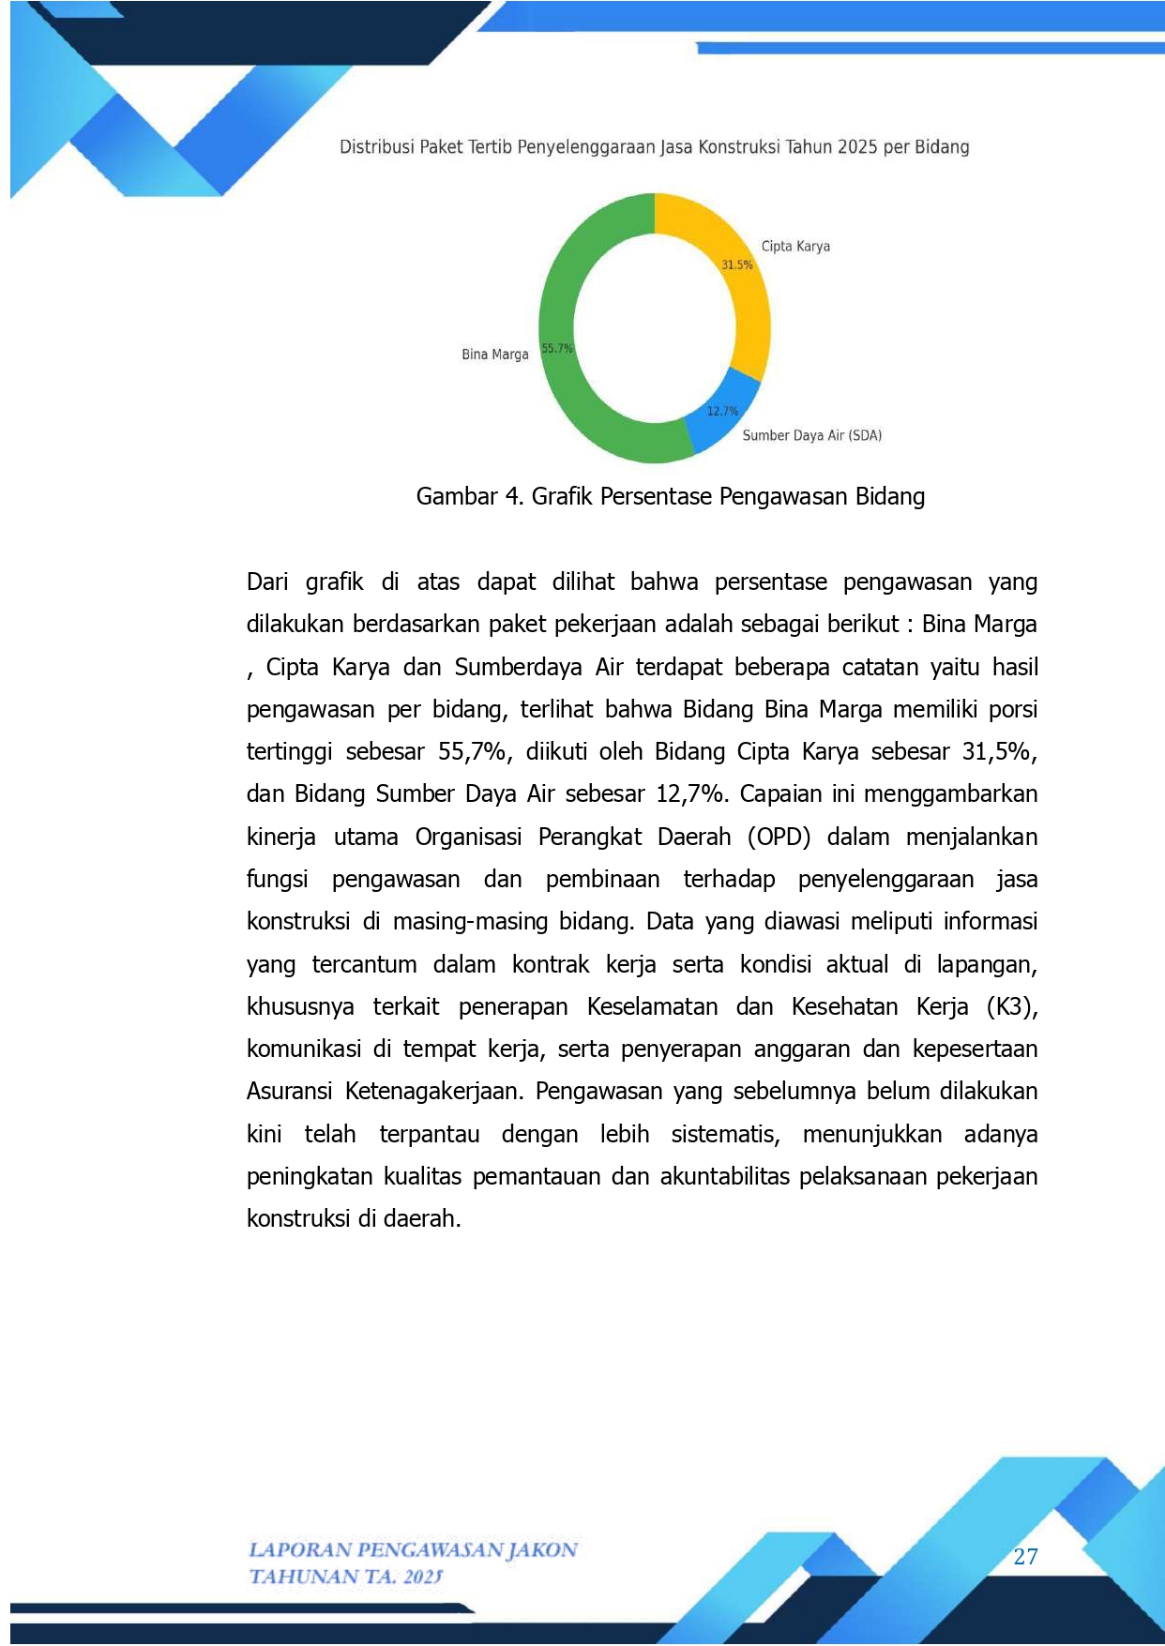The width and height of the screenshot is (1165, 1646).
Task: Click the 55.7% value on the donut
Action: tap(557, 348)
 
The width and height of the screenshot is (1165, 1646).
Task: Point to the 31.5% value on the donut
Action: tap(736, 264)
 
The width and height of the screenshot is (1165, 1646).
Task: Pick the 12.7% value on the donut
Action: tap(722, 411)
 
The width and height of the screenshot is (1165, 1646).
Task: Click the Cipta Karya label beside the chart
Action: tap(795, 246)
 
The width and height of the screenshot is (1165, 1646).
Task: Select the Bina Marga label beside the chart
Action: tap(494, 355)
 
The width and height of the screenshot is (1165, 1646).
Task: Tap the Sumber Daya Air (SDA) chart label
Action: tap(811, 435)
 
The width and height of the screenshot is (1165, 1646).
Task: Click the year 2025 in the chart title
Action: tap(856, 147)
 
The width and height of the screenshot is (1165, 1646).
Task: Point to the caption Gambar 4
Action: tap(469, 496)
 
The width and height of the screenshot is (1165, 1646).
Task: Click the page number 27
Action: tap(1025, 1557)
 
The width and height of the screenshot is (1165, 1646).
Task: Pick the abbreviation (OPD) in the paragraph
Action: tap(779, 837)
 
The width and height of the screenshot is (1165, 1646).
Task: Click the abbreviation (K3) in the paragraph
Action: tap(1011, 1007)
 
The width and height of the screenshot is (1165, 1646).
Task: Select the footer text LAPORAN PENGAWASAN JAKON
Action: tap(413, 1549)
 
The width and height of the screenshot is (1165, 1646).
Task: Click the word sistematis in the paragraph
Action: tap(724, 1135)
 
